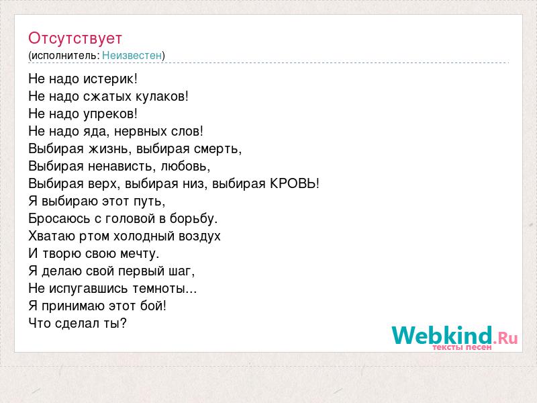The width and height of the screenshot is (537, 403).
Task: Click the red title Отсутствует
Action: tap(75, 38)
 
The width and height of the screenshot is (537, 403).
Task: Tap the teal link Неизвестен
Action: tap(132, 55)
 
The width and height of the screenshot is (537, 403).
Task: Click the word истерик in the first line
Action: tap(110, 79)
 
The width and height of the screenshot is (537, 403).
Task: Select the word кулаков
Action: tap(162, 96)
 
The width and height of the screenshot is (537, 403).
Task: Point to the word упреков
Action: tap(110, 114)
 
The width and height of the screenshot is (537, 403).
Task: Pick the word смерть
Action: tap(217, 149)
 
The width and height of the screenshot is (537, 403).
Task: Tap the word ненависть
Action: tap(122, 166)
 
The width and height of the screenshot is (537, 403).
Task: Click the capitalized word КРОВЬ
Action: tap(295, 183)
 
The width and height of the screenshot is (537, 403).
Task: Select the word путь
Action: tap(152, 201)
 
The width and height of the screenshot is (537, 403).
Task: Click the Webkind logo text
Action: tap(442, 335)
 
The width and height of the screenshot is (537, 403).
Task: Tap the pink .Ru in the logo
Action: tap(505, 339)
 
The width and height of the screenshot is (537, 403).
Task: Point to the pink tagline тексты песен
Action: tap(462, 347)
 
